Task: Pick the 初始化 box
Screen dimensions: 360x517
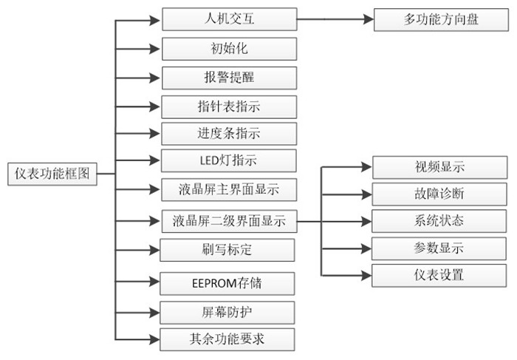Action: (229, 49)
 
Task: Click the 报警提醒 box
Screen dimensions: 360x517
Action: (229, 78)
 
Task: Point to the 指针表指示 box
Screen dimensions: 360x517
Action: (229, 106)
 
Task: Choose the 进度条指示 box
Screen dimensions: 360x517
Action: (229, 134)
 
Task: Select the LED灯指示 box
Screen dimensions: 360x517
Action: (229, 160)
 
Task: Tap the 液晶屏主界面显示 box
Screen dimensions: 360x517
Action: (229, 189)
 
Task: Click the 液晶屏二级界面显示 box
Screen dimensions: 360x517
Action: (229, 220)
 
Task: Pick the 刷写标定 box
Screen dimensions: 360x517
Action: (229, 249)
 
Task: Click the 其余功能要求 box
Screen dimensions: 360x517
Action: (229, 339)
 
